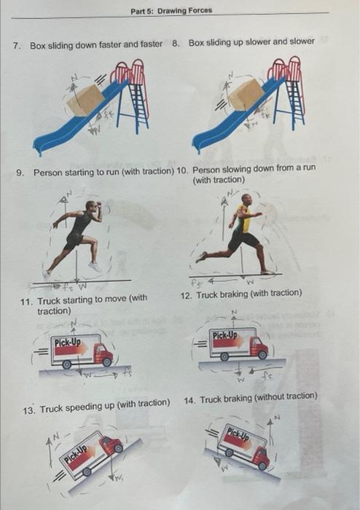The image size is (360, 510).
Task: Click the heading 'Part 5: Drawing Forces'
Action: coord(171,10)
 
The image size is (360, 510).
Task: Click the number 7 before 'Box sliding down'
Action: coord(17,45)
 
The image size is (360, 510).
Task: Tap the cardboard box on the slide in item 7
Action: coord(86,100)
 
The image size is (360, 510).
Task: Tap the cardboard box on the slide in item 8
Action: coord(246,95)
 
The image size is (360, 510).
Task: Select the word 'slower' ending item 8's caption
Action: coord(302,42)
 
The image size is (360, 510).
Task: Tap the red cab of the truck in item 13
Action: coord(111,444)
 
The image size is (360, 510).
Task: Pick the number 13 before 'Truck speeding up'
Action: coord(28,404)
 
